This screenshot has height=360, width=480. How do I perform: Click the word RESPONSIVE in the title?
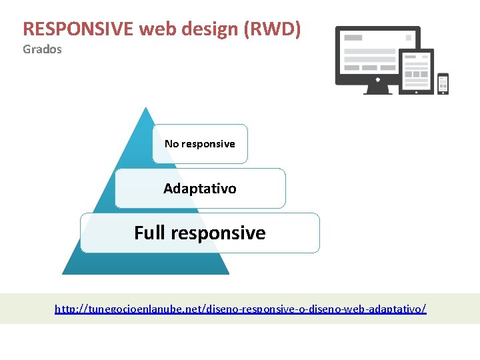[79, 29]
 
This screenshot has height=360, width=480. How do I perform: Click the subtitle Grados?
[42, 49]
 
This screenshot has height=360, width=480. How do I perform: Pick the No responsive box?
[200, 144]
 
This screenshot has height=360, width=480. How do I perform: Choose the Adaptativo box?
[200, 189]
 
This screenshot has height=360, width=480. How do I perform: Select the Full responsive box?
[200, 233]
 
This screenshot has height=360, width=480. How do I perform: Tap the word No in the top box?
[172, 144]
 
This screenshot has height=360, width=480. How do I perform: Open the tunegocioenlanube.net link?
[240, 309]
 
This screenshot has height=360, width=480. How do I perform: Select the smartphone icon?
[443, 84]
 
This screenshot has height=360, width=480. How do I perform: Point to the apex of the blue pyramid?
[145, 108]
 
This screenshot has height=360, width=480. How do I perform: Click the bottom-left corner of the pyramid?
[63, 273]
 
